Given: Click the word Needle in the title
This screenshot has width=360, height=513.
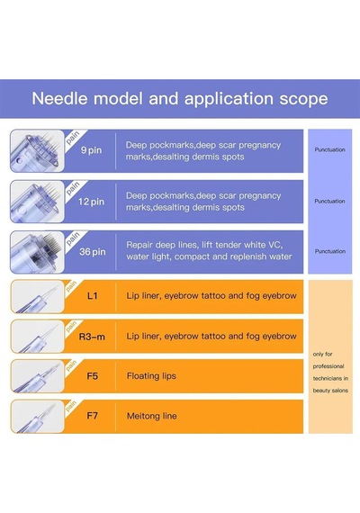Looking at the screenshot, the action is pos(60,98).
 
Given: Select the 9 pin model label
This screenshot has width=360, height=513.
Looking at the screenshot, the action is pos(91,150).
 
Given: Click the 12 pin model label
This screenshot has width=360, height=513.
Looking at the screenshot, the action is pos(91,202).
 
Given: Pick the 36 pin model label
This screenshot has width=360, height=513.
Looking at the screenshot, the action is pos(93,252).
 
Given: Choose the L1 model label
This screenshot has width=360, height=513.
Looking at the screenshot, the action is pos(93,296).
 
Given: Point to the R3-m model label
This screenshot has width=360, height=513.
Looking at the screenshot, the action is pos(92,337).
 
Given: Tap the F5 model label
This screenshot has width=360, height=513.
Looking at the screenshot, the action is pos(93,376).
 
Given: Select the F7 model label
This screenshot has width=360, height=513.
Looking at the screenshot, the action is pos(93,416).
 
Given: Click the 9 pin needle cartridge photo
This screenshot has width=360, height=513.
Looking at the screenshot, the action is pos(37,151).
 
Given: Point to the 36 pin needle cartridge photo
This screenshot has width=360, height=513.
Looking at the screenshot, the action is pos(37,252).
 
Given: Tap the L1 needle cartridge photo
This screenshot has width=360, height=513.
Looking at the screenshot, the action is pos(37,296).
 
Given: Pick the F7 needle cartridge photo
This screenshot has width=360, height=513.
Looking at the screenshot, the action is pos(37,416).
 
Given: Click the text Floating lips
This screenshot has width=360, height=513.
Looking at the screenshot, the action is pos(151,376).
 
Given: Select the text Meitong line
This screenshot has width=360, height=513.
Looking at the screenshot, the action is pos(151,416).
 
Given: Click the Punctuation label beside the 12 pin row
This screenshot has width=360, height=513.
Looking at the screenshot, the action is pos(329,202).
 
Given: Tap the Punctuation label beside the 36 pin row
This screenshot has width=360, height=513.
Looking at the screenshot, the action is pos(330,251).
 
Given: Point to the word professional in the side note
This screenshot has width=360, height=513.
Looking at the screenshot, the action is pos(328,366).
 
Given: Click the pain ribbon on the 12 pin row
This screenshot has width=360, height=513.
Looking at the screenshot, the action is pos(73,189).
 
